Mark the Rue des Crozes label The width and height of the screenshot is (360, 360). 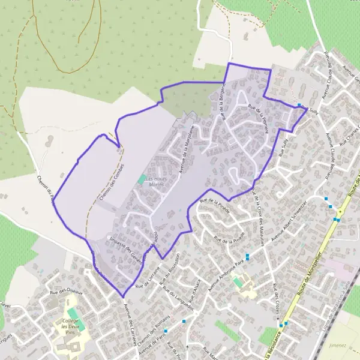pyautogui.click(x=276, y=298)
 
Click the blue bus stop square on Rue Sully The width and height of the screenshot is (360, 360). pyautogui.click(x=299, y=106)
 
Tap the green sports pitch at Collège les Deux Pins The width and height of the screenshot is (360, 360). pyautogui.click(x=73, y=313)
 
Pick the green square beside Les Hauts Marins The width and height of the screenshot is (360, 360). pyautogui.click(x=142, y=178)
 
